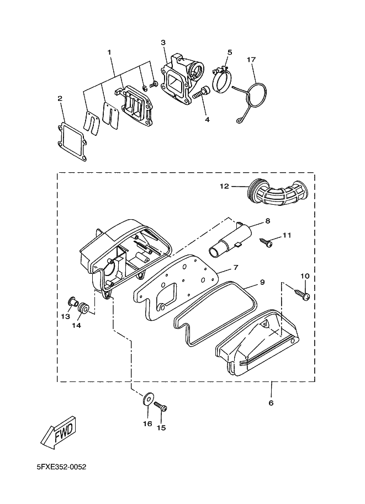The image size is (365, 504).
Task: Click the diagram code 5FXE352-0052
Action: click(x=61, y=468)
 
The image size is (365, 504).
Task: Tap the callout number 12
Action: click(x=224, y=187)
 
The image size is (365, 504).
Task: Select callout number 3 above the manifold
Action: click(x=163, y=43)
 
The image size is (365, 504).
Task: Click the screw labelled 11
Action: click(x=266, y=242)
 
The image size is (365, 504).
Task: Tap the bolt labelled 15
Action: click(x=161, y=407)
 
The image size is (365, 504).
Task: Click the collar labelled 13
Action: click(x=71, y=301)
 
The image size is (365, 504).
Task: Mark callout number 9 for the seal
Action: click(x=262, y=282)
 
